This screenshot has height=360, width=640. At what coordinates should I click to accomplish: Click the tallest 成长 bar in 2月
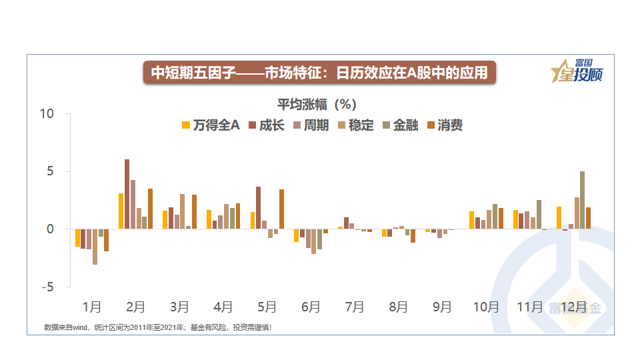(x=127, y=194)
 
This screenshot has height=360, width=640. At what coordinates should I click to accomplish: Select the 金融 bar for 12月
(x=582, y=200)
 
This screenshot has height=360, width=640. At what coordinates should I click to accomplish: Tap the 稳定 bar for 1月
(x=95, y=247)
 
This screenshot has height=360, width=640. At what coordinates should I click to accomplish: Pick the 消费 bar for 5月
(x=281, y=209)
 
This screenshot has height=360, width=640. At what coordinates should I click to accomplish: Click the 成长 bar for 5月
(x=259, y=208)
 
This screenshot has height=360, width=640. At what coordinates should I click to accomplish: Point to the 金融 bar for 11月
(x=539, y=215)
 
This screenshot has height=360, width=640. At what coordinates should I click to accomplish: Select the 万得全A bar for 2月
(x=121, y=211)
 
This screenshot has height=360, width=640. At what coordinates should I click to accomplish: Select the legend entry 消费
(x=445, y=125)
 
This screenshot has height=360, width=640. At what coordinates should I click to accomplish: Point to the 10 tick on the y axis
(x=46, y=115)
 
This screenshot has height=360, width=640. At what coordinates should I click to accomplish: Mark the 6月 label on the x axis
(x=311, y=307)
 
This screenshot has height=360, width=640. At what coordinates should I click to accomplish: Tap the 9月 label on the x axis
(x=443, y=307)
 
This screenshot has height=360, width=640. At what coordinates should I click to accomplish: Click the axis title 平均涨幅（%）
(x=317, y=105)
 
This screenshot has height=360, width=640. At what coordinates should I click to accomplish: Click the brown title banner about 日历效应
(x=320, y=73)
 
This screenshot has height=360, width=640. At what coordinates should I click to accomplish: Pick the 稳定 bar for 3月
(x=182, y=211)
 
